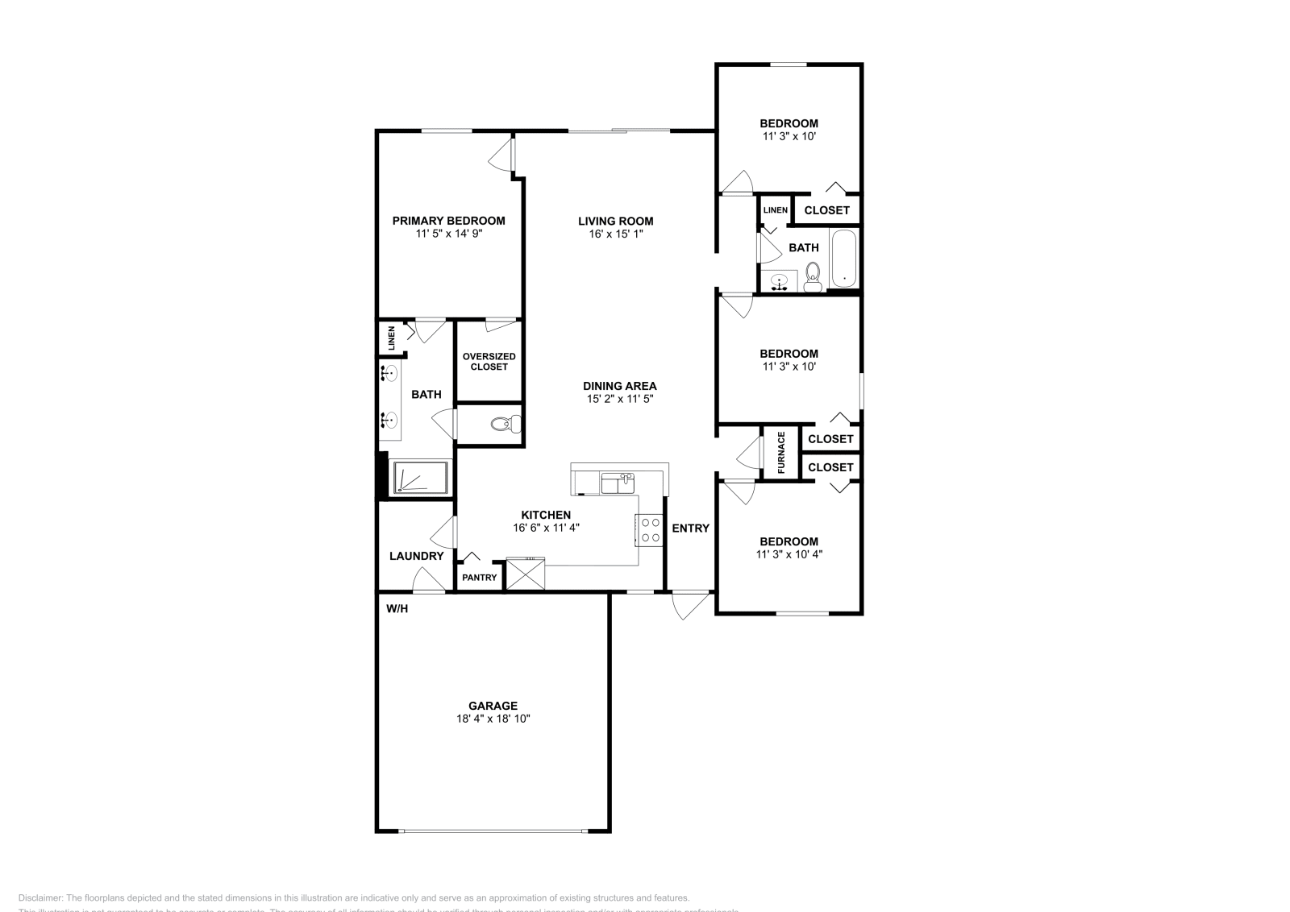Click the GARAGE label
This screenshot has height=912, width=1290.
[x=493, y=706]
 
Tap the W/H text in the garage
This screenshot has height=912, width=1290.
[x=397, y=608]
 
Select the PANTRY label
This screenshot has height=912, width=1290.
[x=480, y=577]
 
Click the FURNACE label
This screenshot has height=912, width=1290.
[x=781, y=452]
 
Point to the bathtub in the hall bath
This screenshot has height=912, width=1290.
[x=844, y=258]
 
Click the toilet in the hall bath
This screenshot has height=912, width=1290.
[x=812, y=276]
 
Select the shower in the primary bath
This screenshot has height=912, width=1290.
[x=420, y=478]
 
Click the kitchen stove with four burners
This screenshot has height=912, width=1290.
[x=649, y=529]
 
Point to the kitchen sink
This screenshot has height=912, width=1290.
[x=618, y=483]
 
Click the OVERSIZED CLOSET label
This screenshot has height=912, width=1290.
[x=489, y=362]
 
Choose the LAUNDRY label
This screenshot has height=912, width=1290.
[x=417, y=556]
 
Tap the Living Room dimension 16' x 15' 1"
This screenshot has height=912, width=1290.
[x=616, y=234]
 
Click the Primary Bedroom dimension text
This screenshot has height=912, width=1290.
[x=449, y=234]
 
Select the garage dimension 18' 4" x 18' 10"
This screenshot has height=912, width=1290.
[x=493, y=719]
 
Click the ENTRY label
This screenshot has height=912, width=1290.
[x=690, y=529]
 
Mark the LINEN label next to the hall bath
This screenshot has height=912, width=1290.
[x=776, y=210]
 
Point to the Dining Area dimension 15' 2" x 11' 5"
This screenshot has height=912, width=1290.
[x=619, y=399]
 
